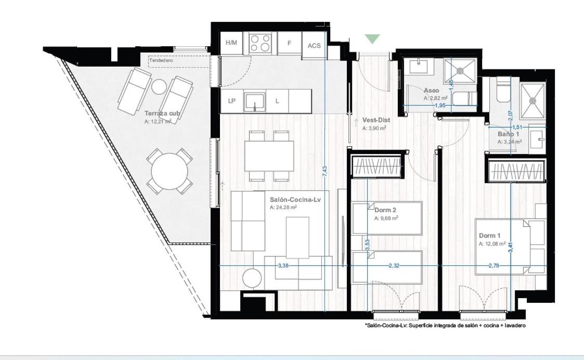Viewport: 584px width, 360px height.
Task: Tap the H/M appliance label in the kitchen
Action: click(231, 43)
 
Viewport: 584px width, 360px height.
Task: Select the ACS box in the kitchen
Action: click(314, 45)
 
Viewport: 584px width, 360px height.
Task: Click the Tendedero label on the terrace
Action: click(161, 60)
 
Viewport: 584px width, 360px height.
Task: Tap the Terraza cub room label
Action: click(162, 113)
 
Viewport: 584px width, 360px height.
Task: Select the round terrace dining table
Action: click(170, 172)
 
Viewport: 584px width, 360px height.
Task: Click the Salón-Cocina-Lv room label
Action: click(295, 200)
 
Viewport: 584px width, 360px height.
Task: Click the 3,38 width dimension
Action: click(283, 266)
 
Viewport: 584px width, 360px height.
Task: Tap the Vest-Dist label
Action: click(376, 120)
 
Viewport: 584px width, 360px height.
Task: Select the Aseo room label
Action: click(431, 90)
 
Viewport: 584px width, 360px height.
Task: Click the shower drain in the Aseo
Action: click(460, 70)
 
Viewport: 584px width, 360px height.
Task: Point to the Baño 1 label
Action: click(509, 134)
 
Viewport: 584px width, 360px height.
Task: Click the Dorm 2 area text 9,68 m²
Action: click(386, 218)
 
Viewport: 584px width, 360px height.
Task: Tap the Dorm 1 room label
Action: click(489, 236)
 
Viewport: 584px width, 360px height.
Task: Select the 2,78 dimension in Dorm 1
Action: click(494, 266)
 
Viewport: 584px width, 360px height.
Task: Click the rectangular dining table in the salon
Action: click(269, 156)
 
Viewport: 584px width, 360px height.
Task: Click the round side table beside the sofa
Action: click(253, 278)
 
